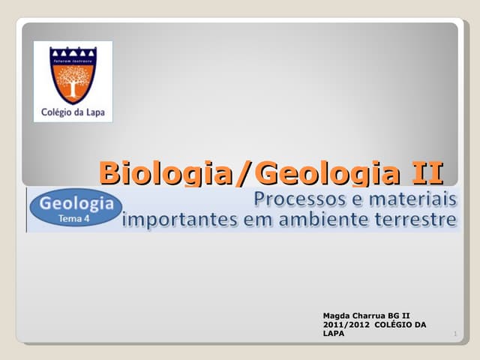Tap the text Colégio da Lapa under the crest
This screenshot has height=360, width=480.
(73, 114)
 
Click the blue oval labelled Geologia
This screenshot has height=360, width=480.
(75, 209)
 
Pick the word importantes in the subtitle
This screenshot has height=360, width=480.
(176, 220)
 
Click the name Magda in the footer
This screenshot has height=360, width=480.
(337, 316)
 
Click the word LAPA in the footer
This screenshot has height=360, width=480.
(333, 334)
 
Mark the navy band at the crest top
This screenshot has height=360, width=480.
(73, 55)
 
